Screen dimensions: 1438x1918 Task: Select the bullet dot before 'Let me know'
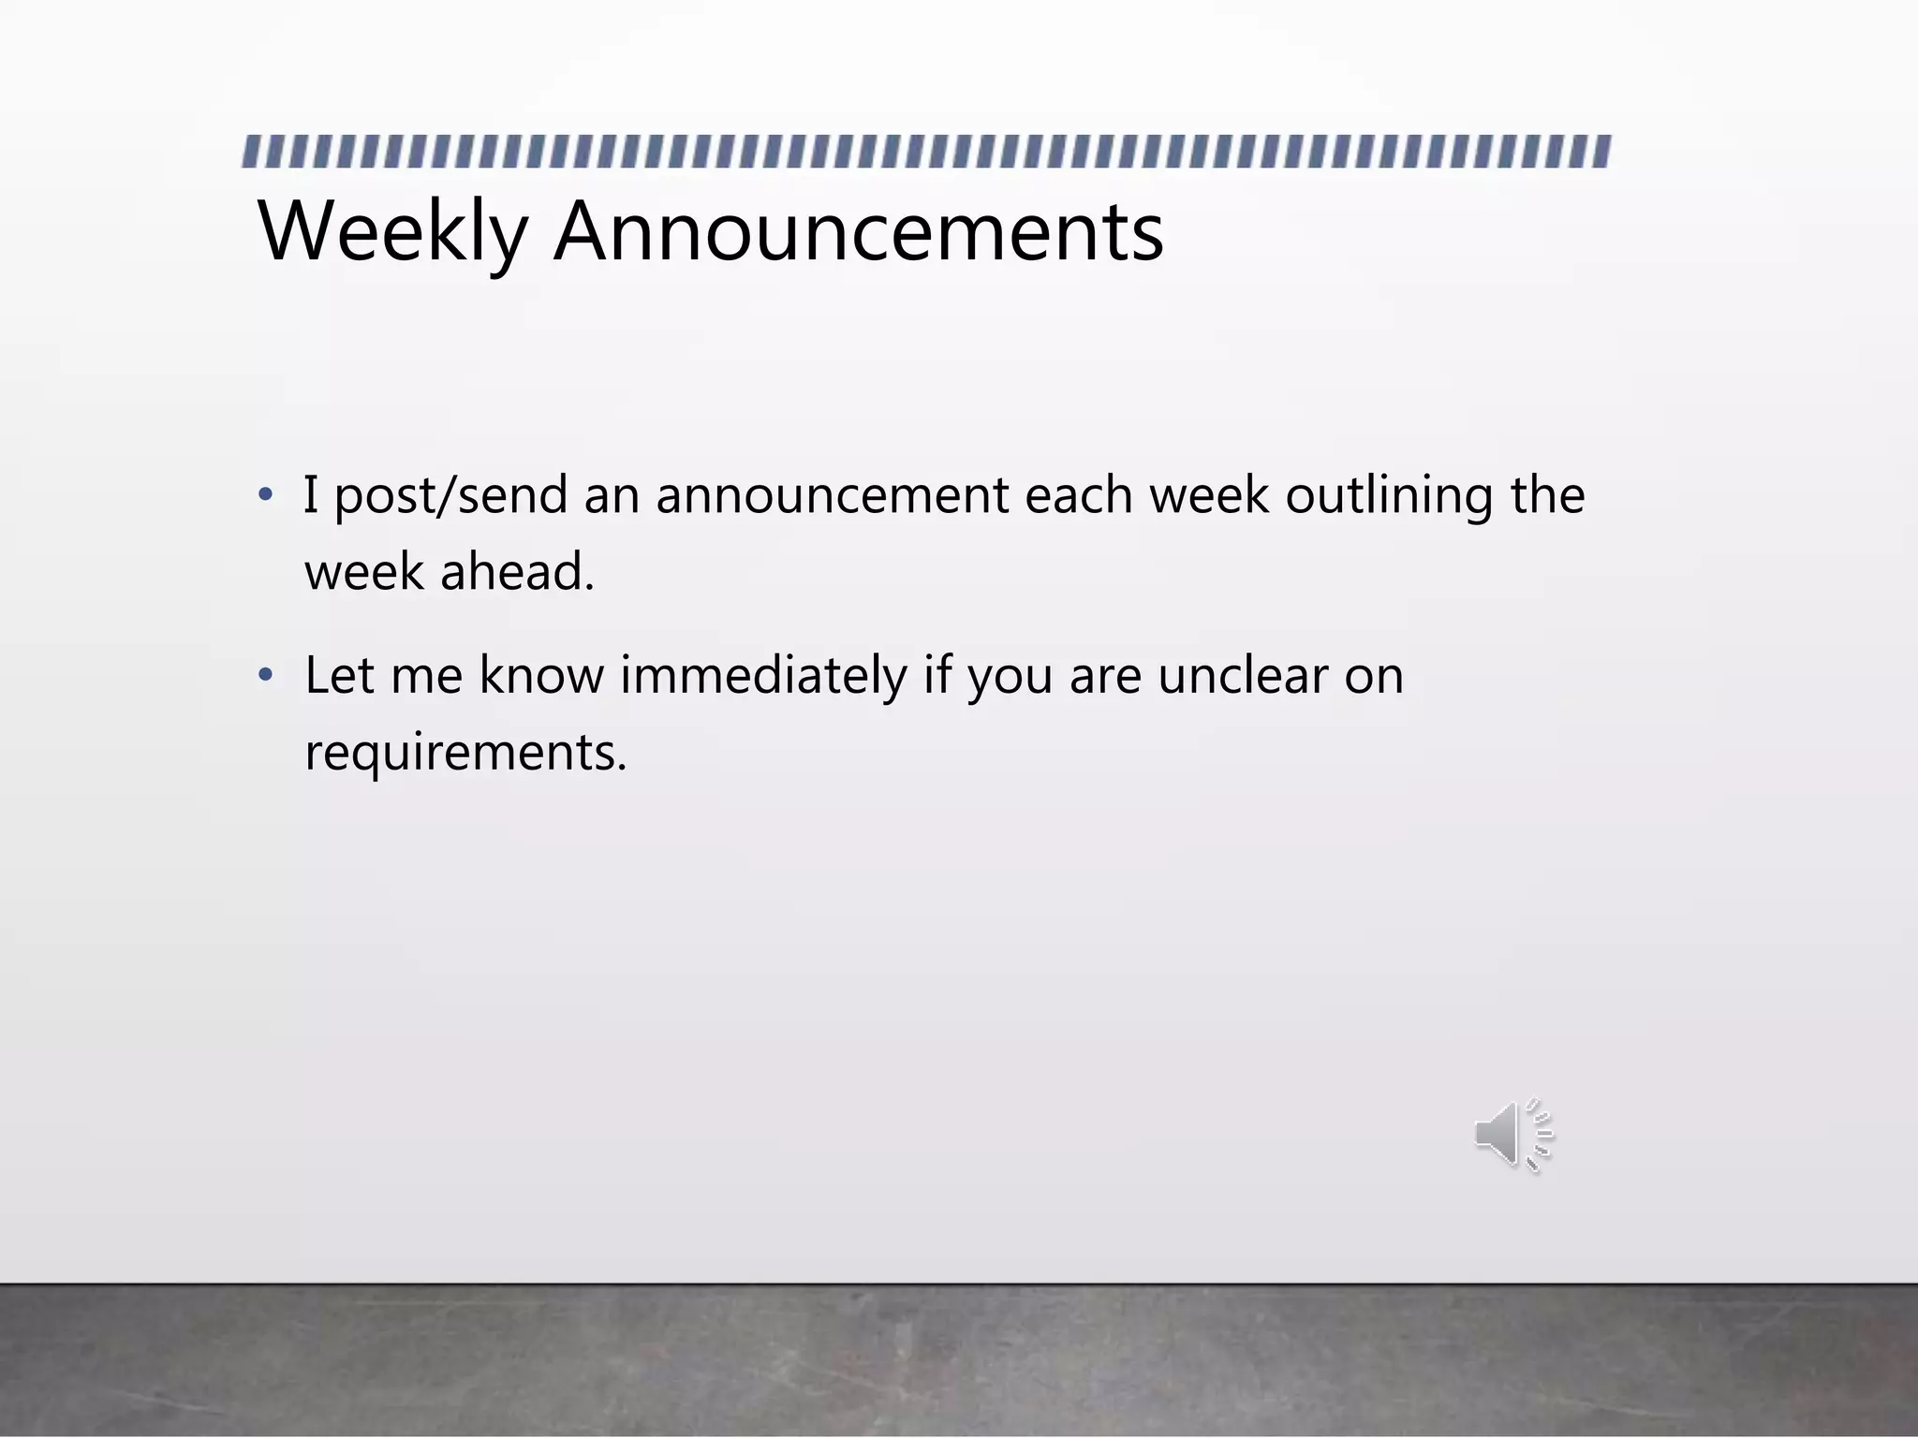[266, 674]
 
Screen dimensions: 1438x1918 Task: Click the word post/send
[450, 496]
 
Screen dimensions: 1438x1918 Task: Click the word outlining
[1389, 496]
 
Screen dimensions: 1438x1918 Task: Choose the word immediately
[763, 676]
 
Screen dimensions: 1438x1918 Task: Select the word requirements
[465, 753]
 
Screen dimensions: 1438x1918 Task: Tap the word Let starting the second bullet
[339, 674]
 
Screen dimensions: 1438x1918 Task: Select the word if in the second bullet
[937, 674]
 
